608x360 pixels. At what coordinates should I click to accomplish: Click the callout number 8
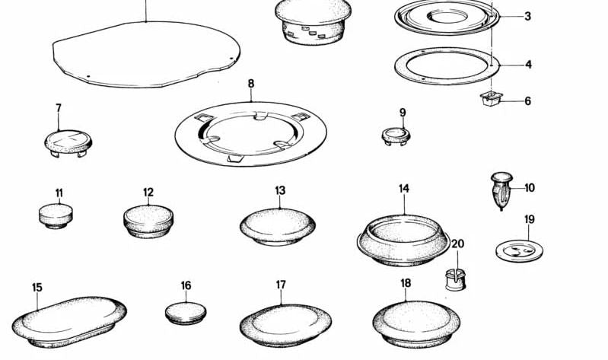click(x=251, y=84)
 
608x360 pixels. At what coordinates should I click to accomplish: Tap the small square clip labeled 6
click(x=491, y=98)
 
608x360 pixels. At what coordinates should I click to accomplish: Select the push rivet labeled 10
click(x=501, y=191)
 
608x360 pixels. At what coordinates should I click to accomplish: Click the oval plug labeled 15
click(x=69, y=323)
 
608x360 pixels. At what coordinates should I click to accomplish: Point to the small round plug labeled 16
click(x=186, y=314)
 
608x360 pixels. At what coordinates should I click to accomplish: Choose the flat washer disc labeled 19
click(x=519, y=250)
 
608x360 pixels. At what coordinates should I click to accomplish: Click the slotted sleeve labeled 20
click(x=455, y=279)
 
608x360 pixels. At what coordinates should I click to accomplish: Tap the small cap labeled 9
click(x=396, y=136)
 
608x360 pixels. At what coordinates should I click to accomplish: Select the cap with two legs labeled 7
click(x=68, y=143)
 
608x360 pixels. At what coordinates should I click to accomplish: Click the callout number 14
click(x=403, y=189)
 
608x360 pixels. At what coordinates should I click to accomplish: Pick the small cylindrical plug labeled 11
click(x=56, y=216)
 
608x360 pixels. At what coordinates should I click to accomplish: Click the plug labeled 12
click(x=148, y=221)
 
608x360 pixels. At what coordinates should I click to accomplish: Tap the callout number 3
click(x=527, y=16)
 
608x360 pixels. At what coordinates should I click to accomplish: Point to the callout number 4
click(x=528, y=65)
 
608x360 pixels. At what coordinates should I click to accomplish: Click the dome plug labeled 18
click(x=416, y=324)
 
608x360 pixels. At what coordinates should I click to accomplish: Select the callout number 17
click(x=281, y=285)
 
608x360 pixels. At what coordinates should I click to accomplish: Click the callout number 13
click(x=280, y=190)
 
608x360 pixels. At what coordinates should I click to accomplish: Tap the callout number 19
click(x=530, y=219)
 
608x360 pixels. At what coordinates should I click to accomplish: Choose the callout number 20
click(x=457, y=244)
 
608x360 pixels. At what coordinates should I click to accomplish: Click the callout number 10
click(x=530, y=188)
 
